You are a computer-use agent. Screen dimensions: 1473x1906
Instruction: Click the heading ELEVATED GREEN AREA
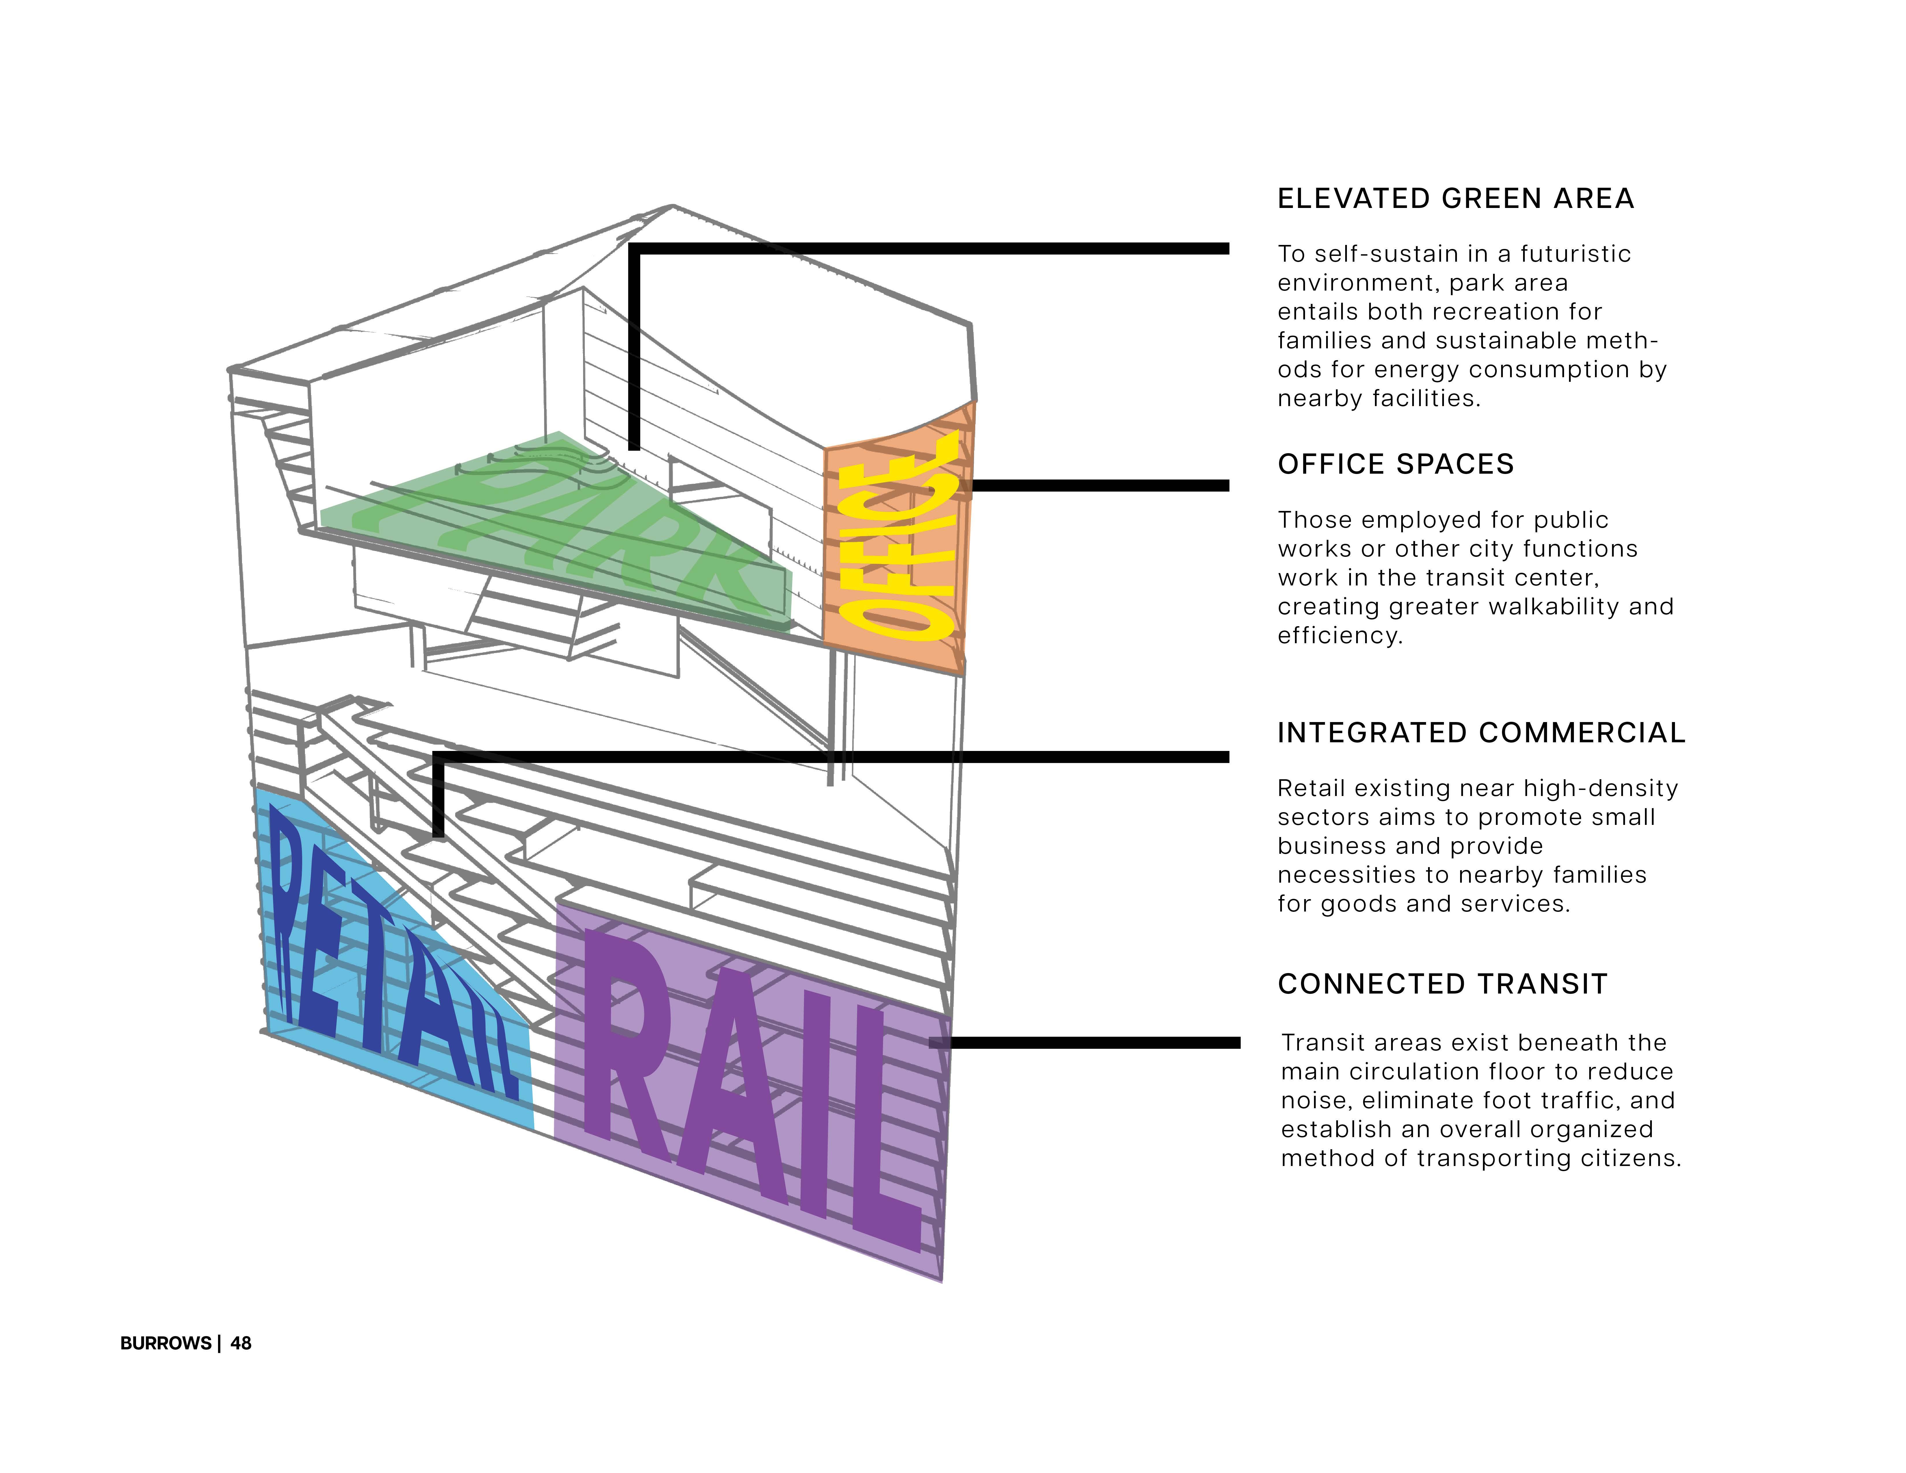pos(1455,199)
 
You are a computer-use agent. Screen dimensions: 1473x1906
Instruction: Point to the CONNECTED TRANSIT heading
pos(1442,984)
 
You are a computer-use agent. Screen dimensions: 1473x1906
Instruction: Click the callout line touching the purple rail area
pos(1091,1043)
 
